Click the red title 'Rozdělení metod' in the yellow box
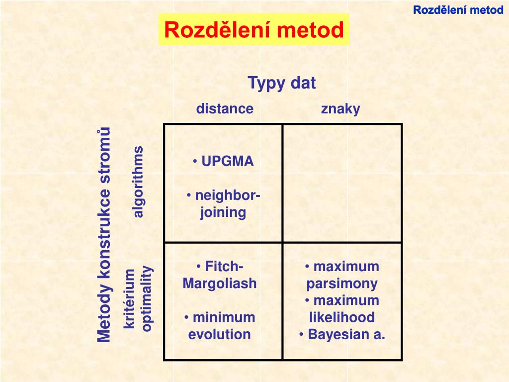click(254, 30)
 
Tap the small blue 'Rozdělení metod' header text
click(458, 10)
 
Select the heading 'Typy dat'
click(282, 83)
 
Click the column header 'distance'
click(225, 109)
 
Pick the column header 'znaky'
click(340, 109)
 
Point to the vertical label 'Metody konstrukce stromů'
click(104, 235)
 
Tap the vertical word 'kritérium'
click(130, 298)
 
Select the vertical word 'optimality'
click(148, 298)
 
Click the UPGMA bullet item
click(224, 162)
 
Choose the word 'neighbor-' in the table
click(227, 196)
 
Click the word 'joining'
click(223, 213)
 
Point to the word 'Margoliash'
click(220, 284)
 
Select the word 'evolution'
click(220, 334)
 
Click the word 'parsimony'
click(342, 284)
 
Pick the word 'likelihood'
click(342, 317)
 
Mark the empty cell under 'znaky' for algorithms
click(342, 183)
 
